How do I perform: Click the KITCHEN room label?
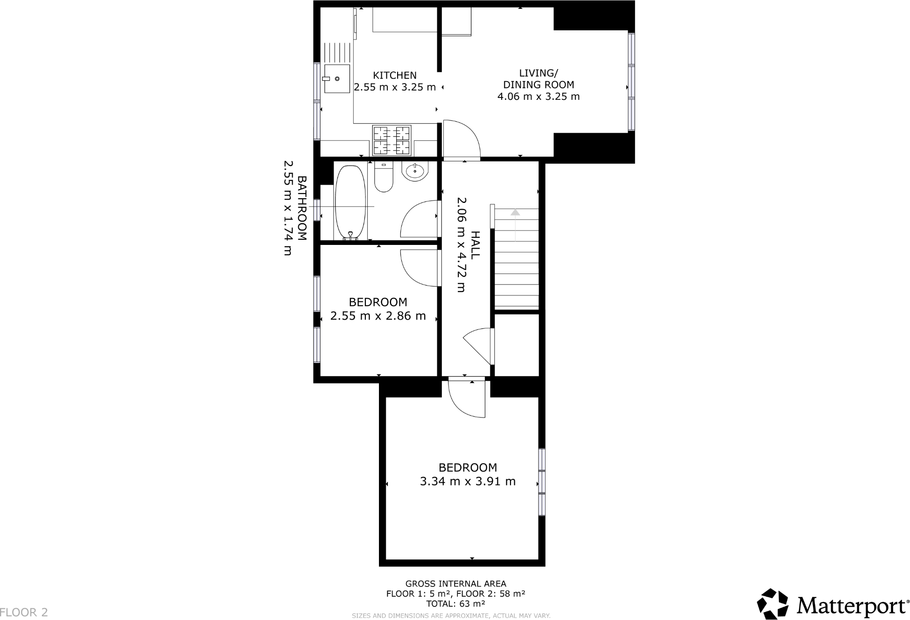(x=394, y=75)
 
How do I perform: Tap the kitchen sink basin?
(x=337, y=79)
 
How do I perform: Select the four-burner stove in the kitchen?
(x=392, y=140)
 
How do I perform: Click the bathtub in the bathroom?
(x=350, y=202)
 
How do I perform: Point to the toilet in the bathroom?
(x=384, y=178)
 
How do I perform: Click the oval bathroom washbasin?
(x=414, y=171)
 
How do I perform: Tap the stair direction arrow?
(x=515, y=213)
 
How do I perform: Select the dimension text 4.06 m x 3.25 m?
(x=539, y=97)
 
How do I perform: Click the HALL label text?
(x=475, y=245)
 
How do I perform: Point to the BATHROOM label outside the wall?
(x=302, y=208)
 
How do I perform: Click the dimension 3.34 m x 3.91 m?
(x=468, y=481)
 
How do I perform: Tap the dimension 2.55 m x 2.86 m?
(x=378, y=316)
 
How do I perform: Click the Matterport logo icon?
(x=772, y=604)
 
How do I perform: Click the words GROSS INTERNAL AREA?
(x=455, y=584)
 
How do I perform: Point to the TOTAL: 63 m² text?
(x=455, y=604)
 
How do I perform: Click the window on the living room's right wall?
(x=631, y=82)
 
